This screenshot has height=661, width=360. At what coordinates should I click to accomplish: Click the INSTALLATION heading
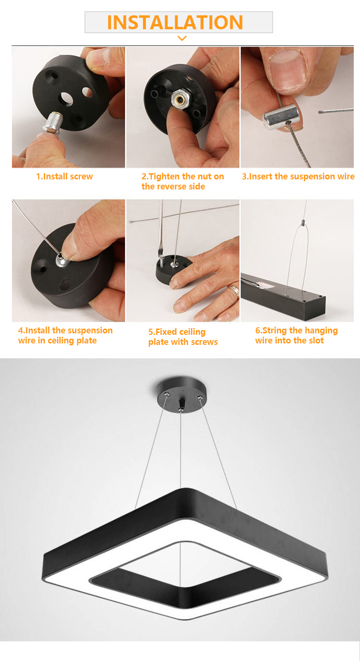click(175, 22)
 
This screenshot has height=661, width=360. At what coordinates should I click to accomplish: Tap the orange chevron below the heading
click(182, 38)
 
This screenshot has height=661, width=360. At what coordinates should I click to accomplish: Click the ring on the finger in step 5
click(235, 292)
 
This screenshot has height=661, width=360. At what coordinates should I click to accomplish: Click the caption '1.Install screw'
click(64, 177)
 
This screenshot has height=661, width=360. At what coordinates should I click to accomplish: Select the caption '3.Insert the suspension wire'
click(298, 177)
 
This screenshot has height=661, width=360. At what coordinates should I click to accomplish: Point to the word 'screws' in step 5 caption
click(204, 342)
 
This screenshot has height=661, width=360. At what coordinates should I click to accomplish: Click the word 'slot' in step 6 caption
click(316, 341)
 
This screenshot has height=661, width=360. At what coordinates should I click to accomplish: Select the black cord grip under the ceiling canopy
click(181, 403)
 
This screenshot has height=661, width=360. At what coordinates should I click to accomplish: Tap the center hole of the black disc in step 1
click(66, 99)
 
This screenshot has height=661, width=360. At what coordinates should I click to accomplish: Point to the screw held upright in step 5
click(161, 262)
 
